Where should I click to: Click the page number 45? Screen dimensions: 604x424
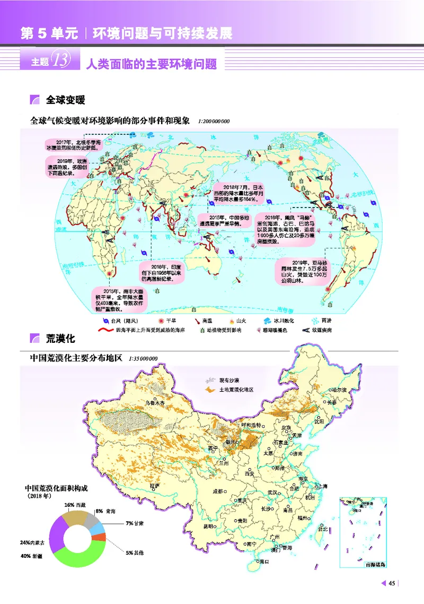coord(392,584)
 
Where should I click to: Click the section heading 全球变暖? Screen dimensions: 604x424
coord(66,100)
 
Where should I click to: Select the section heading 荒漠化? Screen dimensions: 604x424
coord(60,338)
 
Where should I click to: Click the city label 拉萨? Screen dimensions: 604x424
coord(155,486)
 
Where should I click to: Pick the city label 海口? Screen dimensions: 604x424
coord(262,561)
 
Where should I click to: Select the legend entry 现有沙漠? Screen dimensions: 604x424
coord(228,381)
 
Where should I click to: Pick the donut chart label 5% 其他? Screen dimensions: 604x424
coord(134,553)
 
